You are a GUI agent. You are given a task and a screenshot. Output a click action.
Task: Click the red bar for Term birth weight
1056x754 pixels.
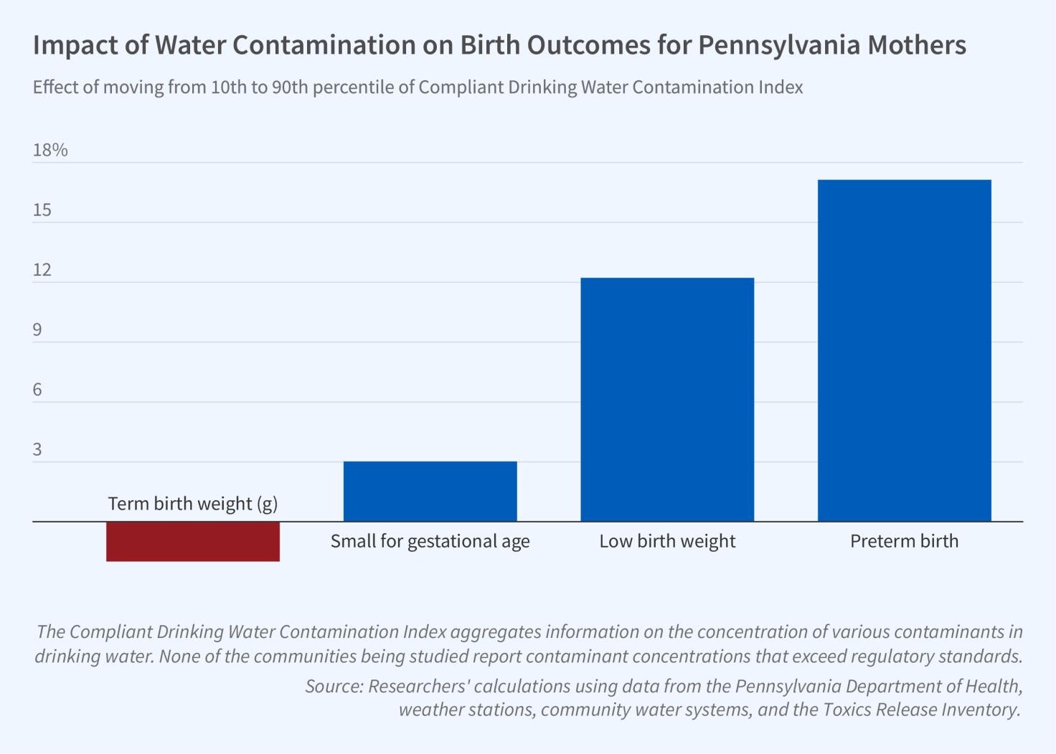point(193,541)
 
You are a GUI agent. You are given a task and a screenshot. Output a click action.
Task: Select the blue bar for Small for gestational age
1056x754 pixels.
point(430,491)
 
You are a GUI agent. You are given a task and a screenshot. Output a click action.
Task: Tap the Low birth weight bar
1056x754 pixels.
point(667,399)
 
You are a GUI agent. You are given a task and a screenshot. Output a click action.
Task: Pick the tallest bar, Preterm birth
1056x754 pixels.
point(904,350)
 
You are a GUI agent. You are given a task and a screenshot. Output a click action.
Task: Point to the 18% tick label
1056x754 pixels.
point(50,150)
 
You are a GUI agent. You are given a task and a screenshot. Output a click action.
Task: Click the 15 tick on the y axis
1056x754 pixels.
point(42,210)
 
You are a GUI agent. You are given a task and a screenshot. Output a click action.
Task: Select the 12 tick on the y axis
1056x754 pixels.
point(42,269)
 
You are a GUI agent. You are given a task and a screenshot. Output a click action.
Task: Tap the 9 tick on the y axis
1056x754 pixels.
point(37,330)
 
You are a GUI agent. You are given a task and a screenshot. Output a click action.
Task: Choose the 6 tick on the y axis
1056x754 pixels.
point(37,390)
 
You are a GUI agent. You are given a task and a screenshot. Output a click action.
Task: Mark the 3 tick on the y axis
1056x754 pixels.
point(37,449)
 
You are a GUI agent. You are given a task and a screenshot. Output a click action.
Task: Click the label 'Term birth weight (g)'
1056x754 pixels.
point(193,503)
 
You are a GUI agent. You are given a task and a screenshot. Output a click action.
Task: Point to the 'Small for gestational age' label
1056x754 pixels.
point(430,541)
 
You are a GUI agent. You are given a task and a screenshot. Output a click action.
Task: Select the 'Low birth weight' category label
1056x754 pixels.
point(667,541)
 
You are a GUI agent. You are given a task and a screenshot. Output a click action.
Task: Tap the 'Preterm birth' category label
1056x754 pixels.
point(904,541)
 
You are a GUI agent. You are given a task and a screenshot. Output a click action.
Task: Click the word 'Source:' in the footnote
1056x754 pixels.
point(334,686)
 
